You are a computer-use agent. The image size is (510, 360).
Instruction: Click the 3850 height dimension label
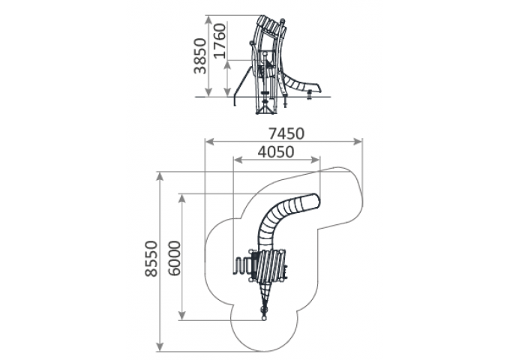[x=200, y=56]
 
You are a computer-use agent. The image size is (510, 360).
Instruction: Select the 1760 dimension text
[x=220, y=40]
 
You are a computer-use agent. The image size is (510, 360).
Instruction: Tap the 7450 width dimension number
[x=286, y=133]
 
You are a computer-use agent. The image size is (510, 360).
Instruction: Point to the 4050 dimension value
[x=276, y=151]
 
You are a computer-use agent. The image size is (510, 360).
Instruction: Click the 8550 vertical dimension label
[x=151, y=259]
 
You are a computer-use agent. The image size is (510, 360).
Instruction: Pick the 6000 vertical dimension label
[x=175, y=258]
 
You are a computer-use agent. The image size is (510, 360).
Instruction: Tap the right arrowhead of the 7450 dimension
[x=357, y=142]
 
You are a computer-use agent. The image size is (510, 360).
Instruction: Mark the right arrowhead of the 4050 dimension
[x=315, y=160]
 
